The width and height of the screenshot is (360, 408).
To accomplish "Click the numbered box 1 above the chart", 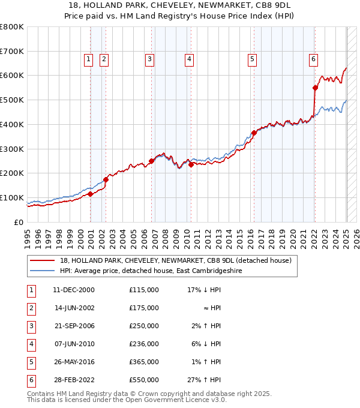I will click(x=88, y=59).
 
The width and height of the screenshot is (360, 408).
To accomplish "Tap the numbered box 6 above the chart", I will click(x=313, y=59).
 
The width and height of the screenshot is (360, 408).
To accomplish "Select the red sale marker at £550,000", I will click(x=315, y=88).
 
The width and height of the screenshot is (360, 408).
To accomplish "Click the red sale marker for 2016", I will click(x=254, y=133).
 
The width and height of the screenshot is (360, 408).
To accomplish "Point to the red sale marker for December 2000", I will click(x=91, y=194).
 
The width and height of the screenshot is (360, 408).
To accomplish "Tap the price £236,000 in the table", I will click(x=144, y=344).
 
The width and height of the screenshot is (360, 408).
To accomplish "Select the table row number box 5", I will click(x=31, y=362).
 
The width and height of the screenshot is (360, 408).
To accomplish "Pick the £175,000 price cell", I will click(x=144, y=308).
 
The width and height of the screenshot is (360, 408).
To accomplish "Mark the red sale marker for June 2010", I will click(x=190, y=164).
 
